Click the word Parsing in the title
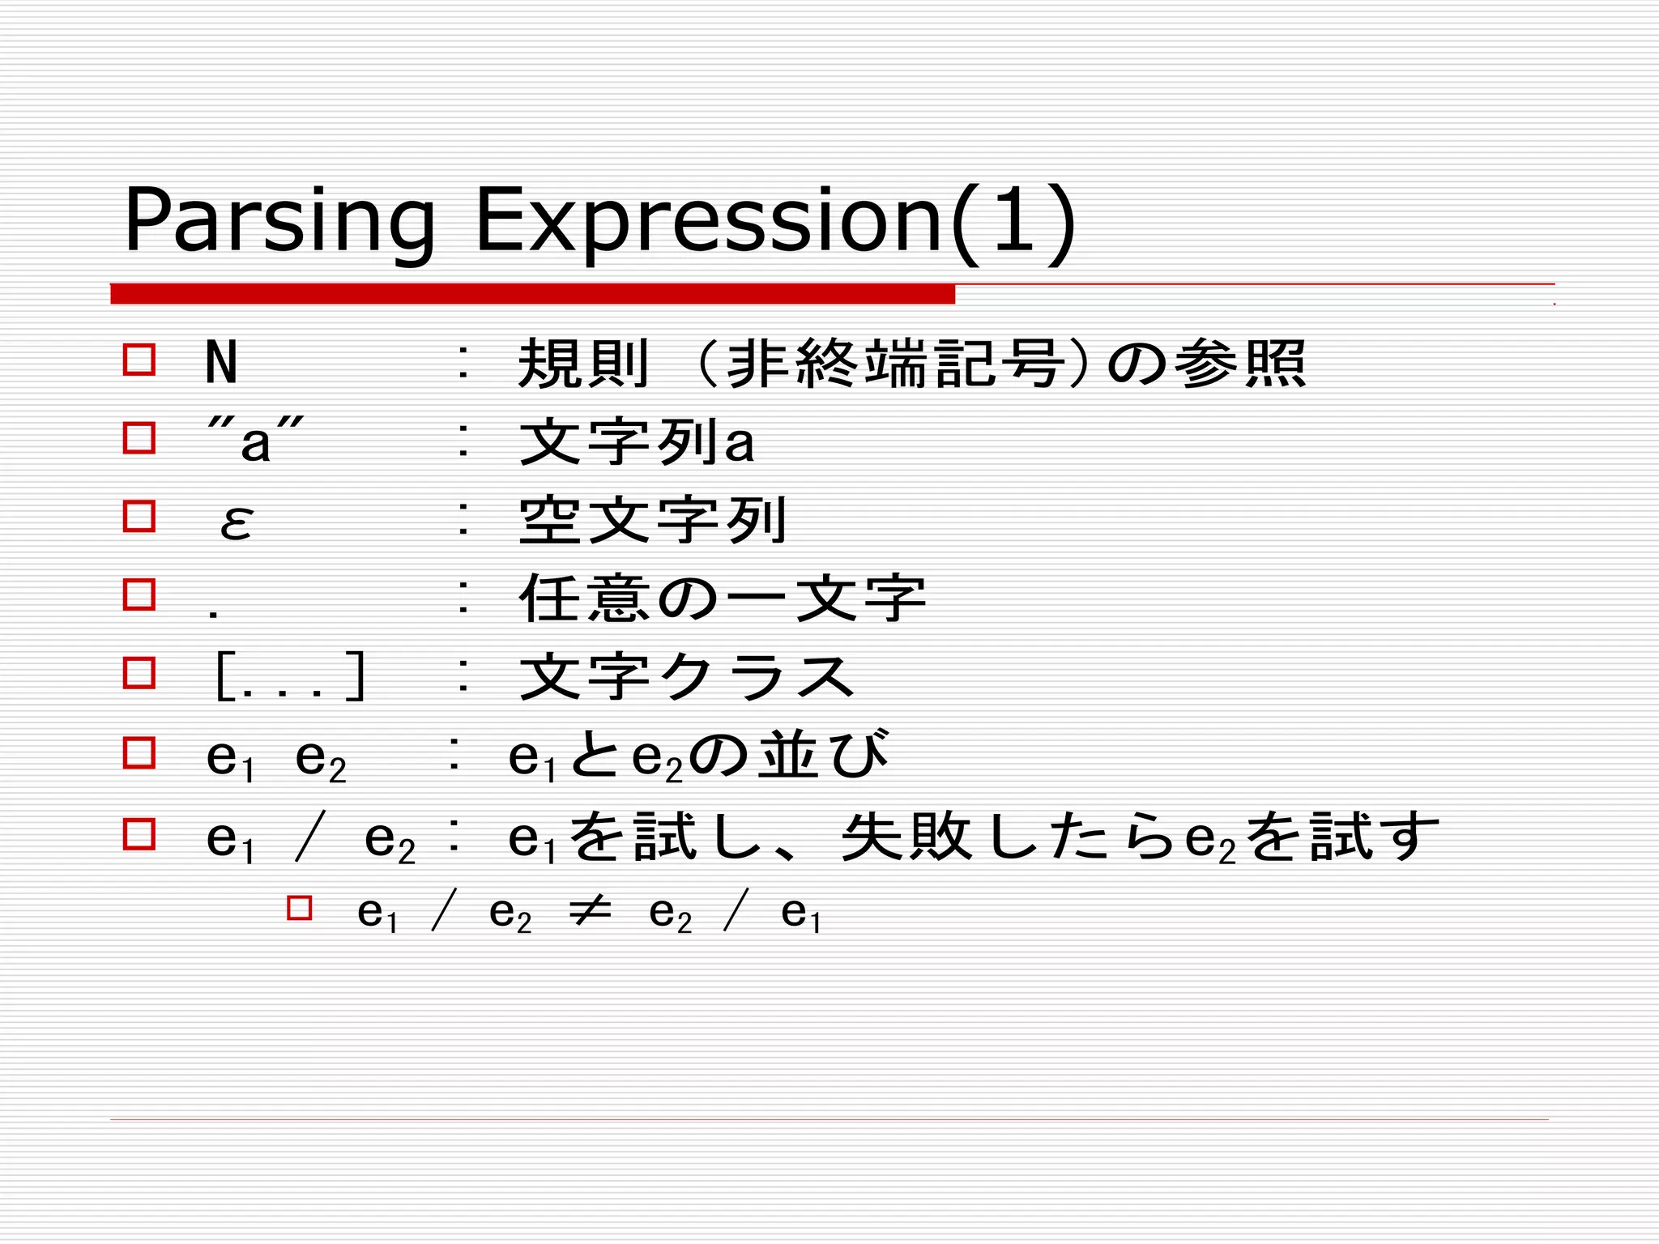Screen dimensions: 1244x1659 pos(279,221)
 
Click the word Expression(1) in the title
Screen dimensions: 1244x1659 pos(775,221)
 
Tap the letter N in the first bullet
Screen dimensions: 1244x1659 pos(221,363)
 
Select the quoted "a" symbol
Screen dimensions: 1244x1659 pos(255,441)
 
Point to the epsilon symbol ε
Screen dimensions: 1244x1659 pos(236,521)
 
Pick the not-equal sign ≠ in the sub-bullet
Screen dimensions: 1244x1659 pos(589,913)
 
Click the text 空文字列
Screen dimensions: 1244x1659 pos(652,520)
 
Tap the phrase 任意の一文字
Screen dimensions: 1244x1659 pos(722,599)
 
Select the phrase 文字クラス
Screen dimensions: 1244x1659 pos(687,677)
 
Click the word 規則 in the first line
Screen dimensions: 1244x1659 pos(584,364)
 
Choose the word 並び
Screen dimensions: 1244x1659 pos(823,755)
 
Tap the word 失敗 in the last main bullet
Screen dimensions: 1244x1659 pos(906,837)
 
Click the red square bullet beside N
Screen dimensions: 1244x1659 pos(139,360)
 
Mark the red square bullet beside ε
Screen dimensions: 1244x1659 pos(139,516)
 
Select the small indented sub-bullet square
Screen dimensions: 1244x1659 pos(299,907)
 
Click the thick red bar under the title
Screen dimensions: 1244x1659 pos(532,294)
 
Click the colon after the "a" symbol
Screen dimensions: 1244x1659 pos(463,441)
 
